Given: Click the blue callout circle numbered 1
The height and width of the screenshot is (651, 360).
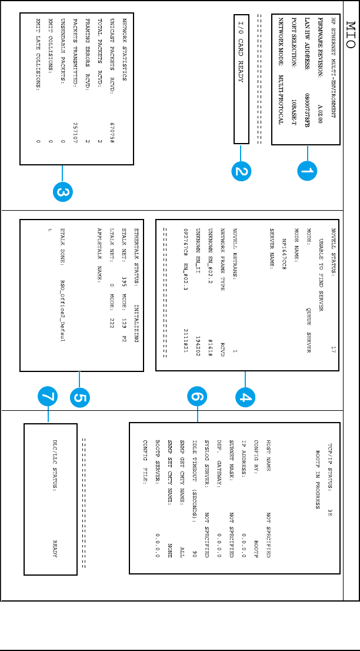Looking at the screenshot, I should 306,171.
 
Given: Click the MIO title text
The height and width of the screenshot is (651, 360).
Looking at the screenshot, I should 349,32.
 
